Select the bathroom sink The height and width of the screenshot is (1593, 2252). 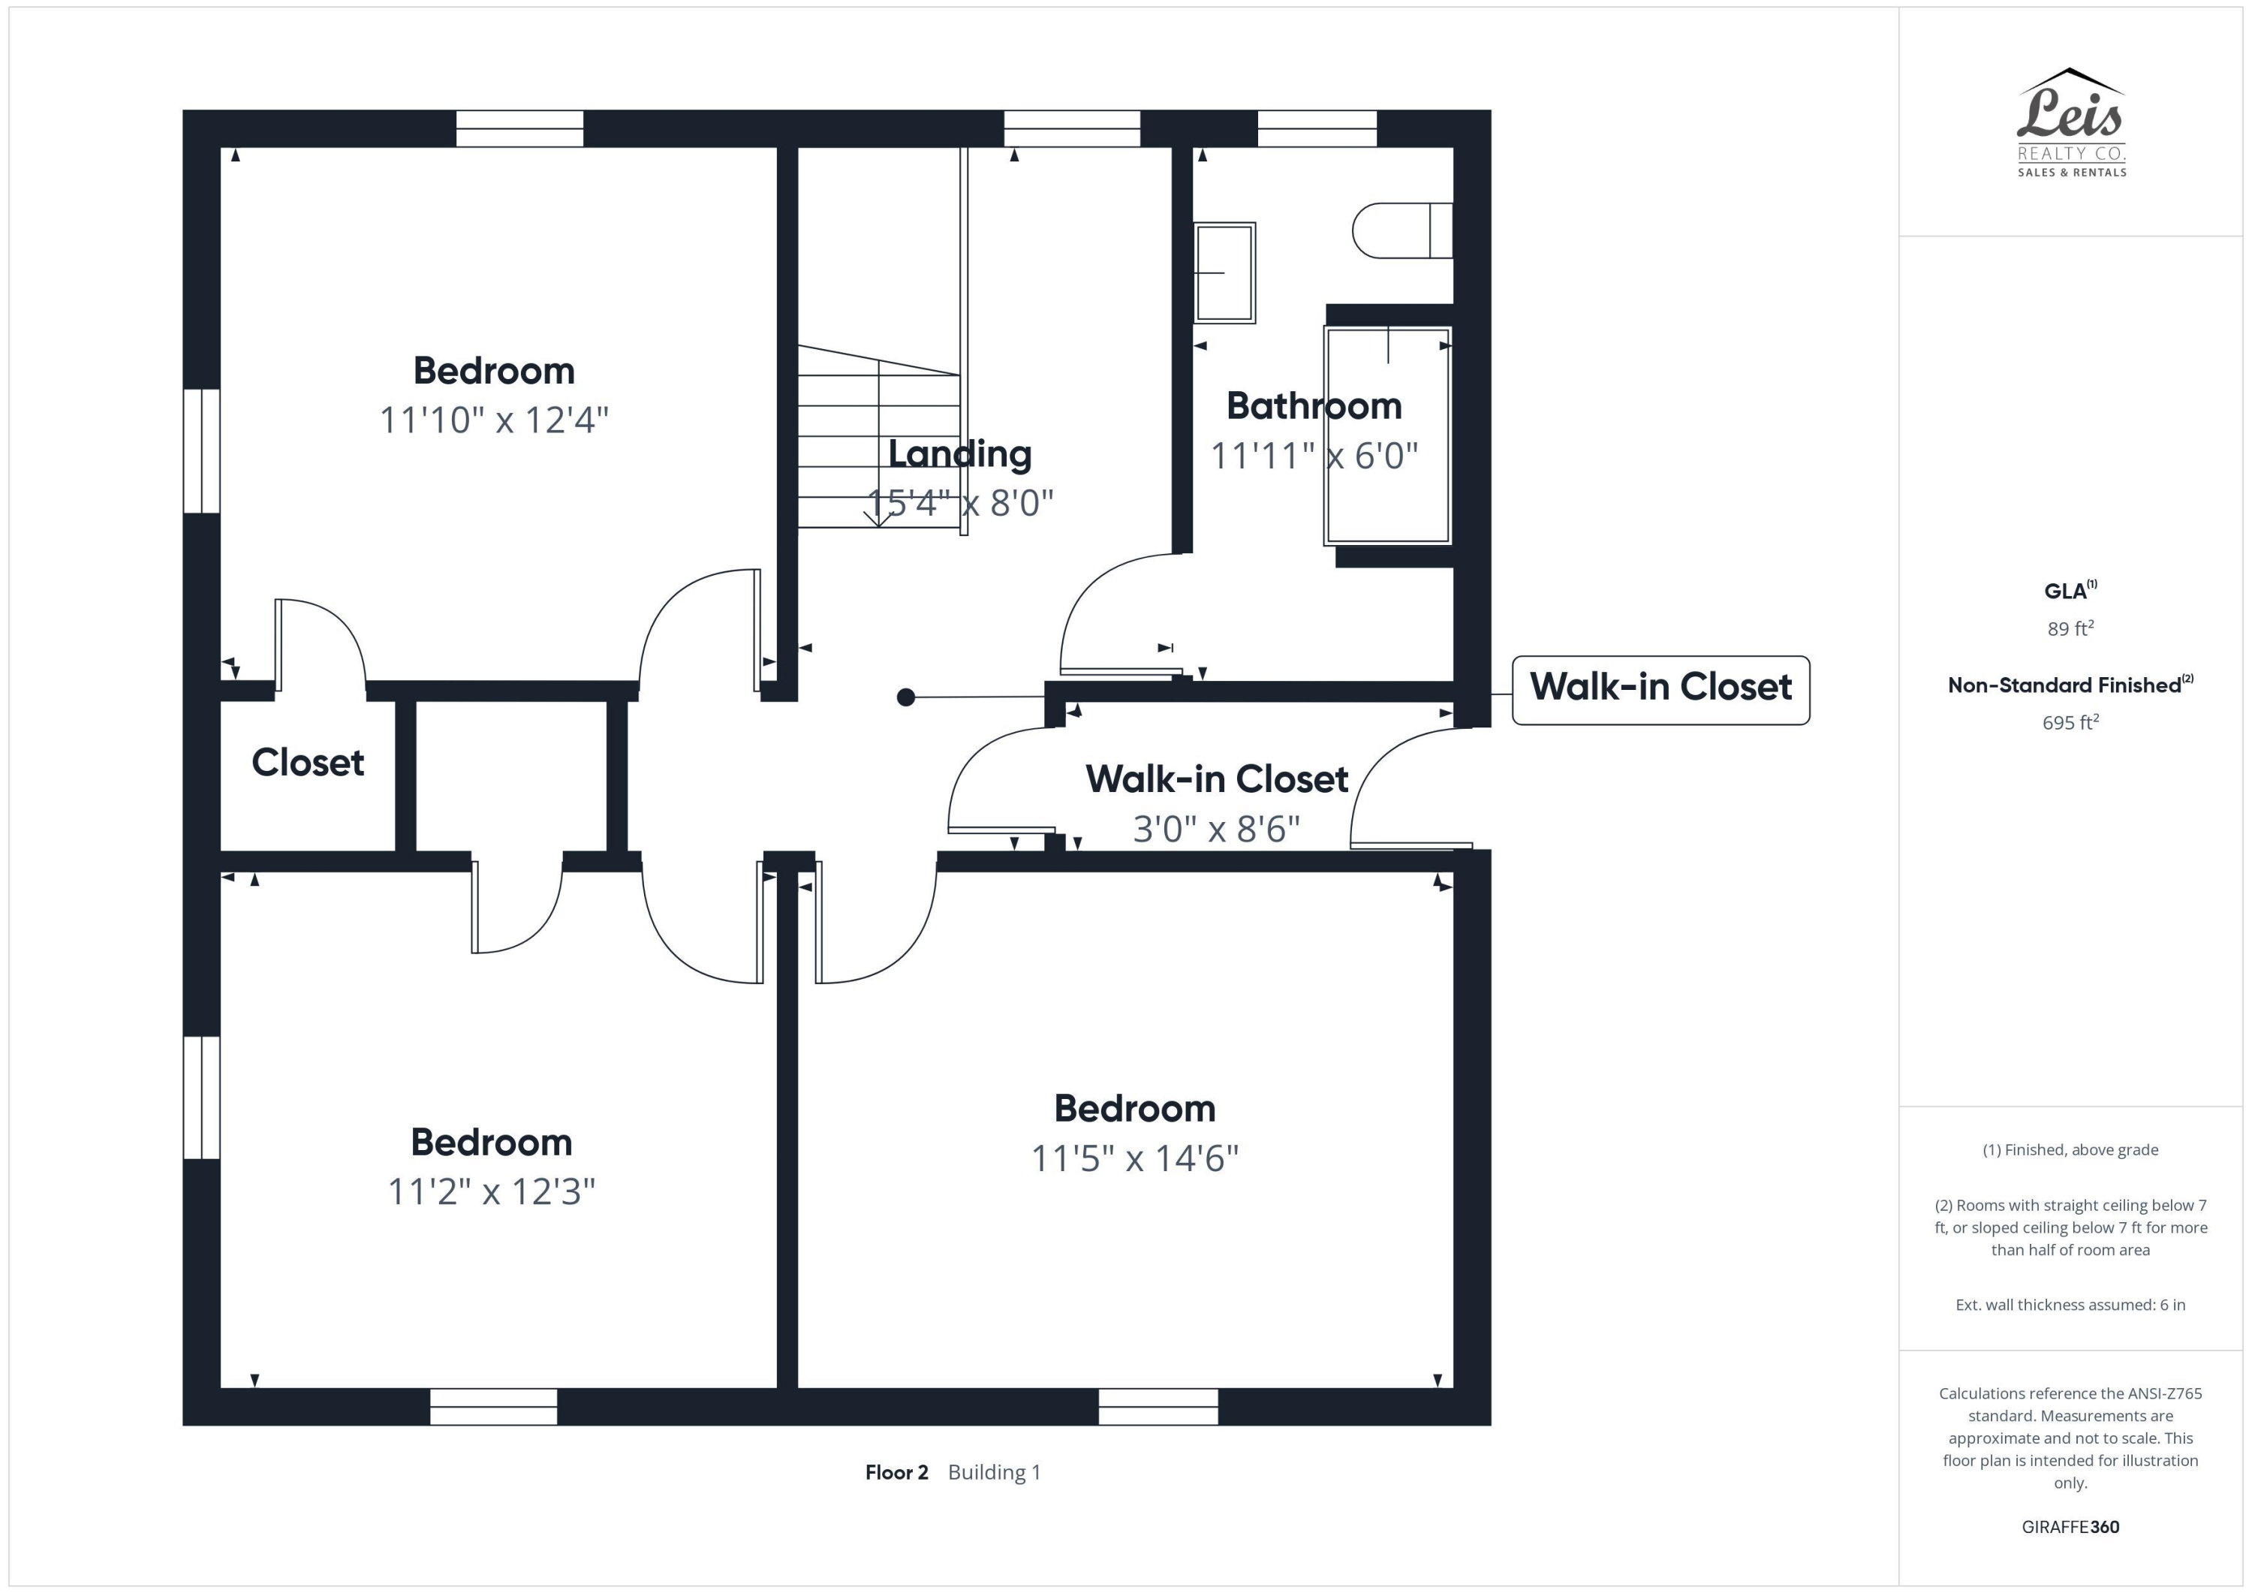[x=1224, y=273]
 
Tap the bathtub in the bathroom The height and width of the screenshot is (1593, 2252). [x=1387, y=436]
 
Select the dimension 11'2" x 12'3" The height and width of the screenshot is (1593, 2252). [x=492, y=1192]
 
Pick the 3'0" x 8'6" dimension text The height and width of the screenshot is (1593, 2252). [x=1216, y=829]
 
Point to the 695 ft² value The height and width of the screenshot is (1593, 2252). [x=2070, y=723]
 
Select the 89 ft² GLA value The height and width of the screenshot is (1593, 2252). [x=2070, y=629]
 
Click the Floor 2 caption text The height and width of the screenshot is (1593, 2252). [x=896, y=1472]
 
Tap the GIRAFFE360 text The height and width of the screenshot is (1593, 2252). [x=2070, y=1527]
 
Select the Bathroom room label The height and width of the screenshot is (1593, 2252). [x=1314, y=405]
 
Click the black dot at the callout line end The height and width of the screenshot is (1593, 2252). [x=905, y=697]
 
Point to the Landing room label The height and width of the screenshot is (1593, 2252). [x=959, y=453]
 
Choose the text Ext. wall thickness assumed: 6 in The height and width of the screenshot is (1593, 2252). [x=2070, y=1305]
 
